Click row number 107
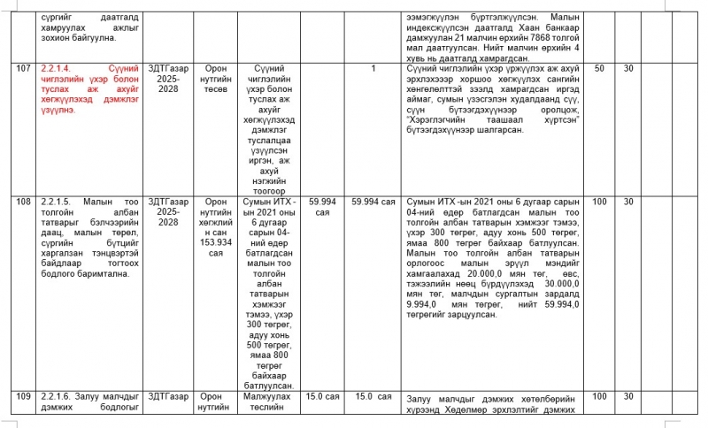click(23, 68)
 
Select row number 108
click(23, 203)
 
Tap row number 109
click(23, 397)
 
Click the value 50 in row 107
click(599, 68)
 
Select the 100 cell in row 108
click(599, 203)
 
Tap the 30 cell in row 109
click(628, 397)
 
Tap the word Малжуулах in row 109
click(262, 397)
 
